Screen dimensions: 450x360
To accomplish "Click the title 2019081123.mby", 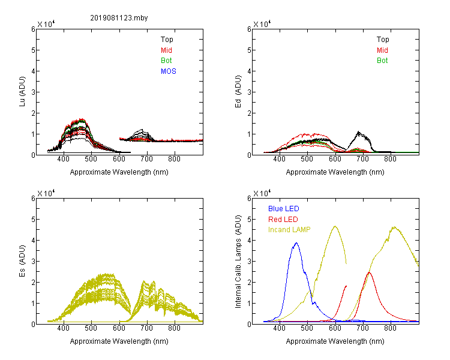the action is [119, 18].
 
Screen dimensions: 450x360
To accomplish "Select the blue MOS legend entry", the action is [169, 71].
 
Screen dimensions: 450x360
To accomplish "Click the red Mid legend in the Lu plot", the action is [166, 50].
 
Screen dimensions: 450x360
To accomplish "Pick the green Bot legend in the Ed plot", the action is [382, 61].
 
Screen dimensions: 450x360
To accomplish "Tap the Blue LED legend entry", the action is [284, 209].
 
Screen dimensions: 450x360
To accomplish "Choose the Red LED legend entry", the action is [283, 220].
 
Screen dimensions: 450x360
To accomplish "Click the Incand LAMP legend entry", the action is [289, 230].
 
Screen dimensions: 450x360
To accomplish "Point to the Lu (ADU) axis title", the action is [22, 92].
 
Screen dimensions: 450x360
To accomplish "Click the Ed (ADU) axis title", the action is [238, 92].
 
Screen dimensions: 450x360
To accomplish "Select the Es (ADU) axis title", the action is [22, 261].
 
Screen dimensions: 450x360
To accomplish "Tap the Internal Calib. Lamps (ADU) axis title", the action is [238, 262].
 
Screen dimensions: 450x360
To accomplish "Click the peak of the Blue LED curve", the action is [296, 243].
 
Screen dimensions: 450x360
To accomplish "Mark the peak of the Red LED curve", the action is [369, 272].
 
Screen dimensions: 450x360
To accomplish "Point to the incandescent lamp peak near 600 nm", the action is [335, 226].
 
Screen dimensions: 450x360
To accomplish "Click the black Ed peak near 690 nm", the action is [358, 132].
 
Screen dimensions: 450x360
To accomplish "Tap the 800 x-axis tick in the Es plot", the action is [174, 328].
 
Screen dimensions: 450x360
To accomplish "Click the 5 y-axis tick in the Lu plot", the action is [33, 50].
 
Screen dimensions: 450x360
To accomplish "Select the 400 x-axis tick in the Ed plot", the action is [279, 159].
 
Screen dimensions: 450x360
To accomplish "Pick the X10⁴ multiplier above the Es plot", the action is [46, 193].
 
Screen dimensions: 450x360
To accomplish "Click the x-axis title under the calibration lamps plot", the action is [335, 341].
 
